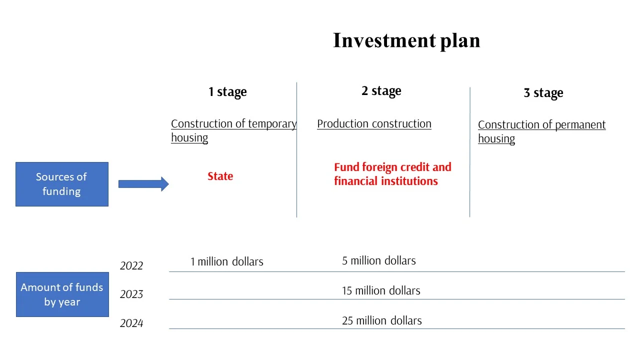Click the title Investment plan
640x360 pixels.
(x=406, y=41)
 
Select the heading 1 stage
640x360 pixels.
(x=227, y=92)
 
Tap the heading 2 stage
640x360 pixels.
(x=381, y=91)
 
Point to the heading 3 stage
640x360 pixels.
(x=543, y=93)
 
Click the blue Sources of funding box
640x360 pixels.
(x=62, y=184)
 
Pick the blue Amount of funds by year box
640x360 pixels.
(x=62, y=294)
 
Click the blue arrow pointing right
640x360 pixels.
(x=143, y=184)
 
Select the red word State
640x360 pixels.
(x=220, y=176)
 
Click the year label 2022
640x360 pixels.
(x=131, y=265)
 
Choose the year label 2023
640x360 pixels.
(x=131, y=294)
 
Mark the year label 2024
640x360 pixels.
(x=131, y=323)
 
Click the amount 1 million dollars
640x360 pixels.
(x=227, y=261)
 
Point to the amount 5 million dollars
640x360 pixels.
(x=379, y=261)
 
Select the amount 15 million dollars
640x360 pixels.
(x=381, y=291)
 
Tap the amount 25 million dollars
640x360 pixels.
(x=381, y=321)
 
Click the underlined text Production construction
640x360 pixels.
(x=374, y=124)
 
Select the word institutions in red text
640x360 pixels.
(x=409, y=181)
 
